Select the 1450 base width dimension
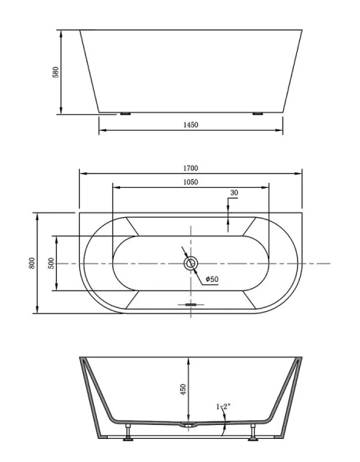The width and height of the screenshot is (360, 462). pos(191,126)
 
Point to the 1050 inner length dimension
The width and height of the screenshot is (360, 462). pos(191,182)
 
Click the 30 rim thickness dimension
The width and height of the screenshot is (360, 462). pos(233,192)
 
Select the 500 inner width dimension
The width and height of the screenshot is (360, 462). pos(51,263)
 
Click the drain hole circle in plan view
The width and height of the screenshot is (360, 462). pos(191,263)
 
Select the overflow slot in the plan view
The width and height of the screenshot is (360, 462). pos(191,304)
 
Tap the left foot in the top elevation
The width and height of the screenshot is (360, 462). pos(125,114)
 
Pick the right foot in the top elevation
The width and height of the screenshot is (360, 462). pos(257,114)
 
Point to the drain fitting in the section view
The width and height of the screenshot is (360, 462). pos(187,425)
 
